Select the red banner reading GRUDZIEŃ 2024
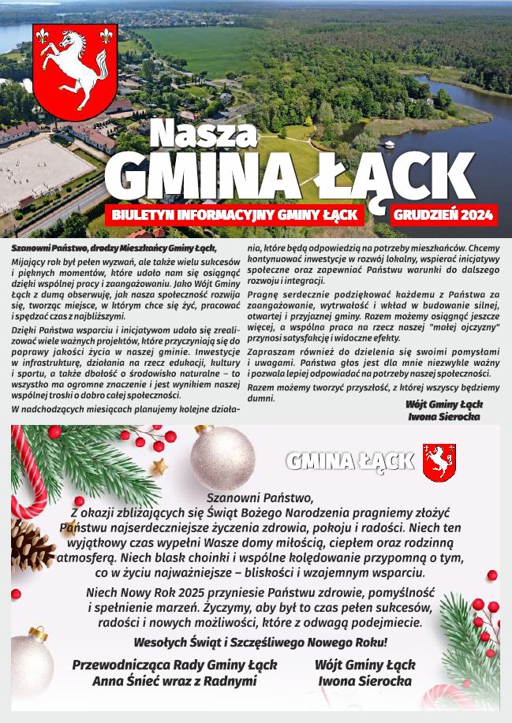pos(443,214)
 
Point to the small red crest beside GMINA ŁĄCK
pos(439,462)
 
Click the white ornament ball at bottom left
pos(28,660)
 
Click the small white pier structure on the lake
pos(388,144)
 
